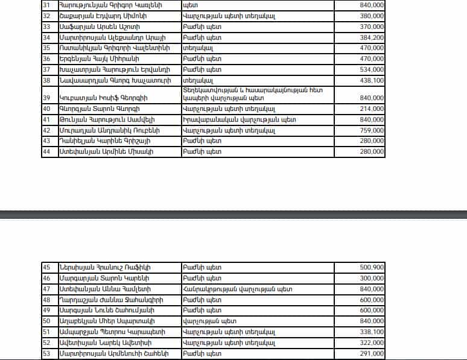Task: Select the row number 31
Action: tap(46, 5)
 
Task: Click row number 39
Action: tap(46, 98)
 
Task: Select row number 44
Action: tap(46, 151)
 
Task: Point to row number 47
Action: tap(46, 289)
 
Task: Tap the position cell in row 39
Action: tap(256, 94)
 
